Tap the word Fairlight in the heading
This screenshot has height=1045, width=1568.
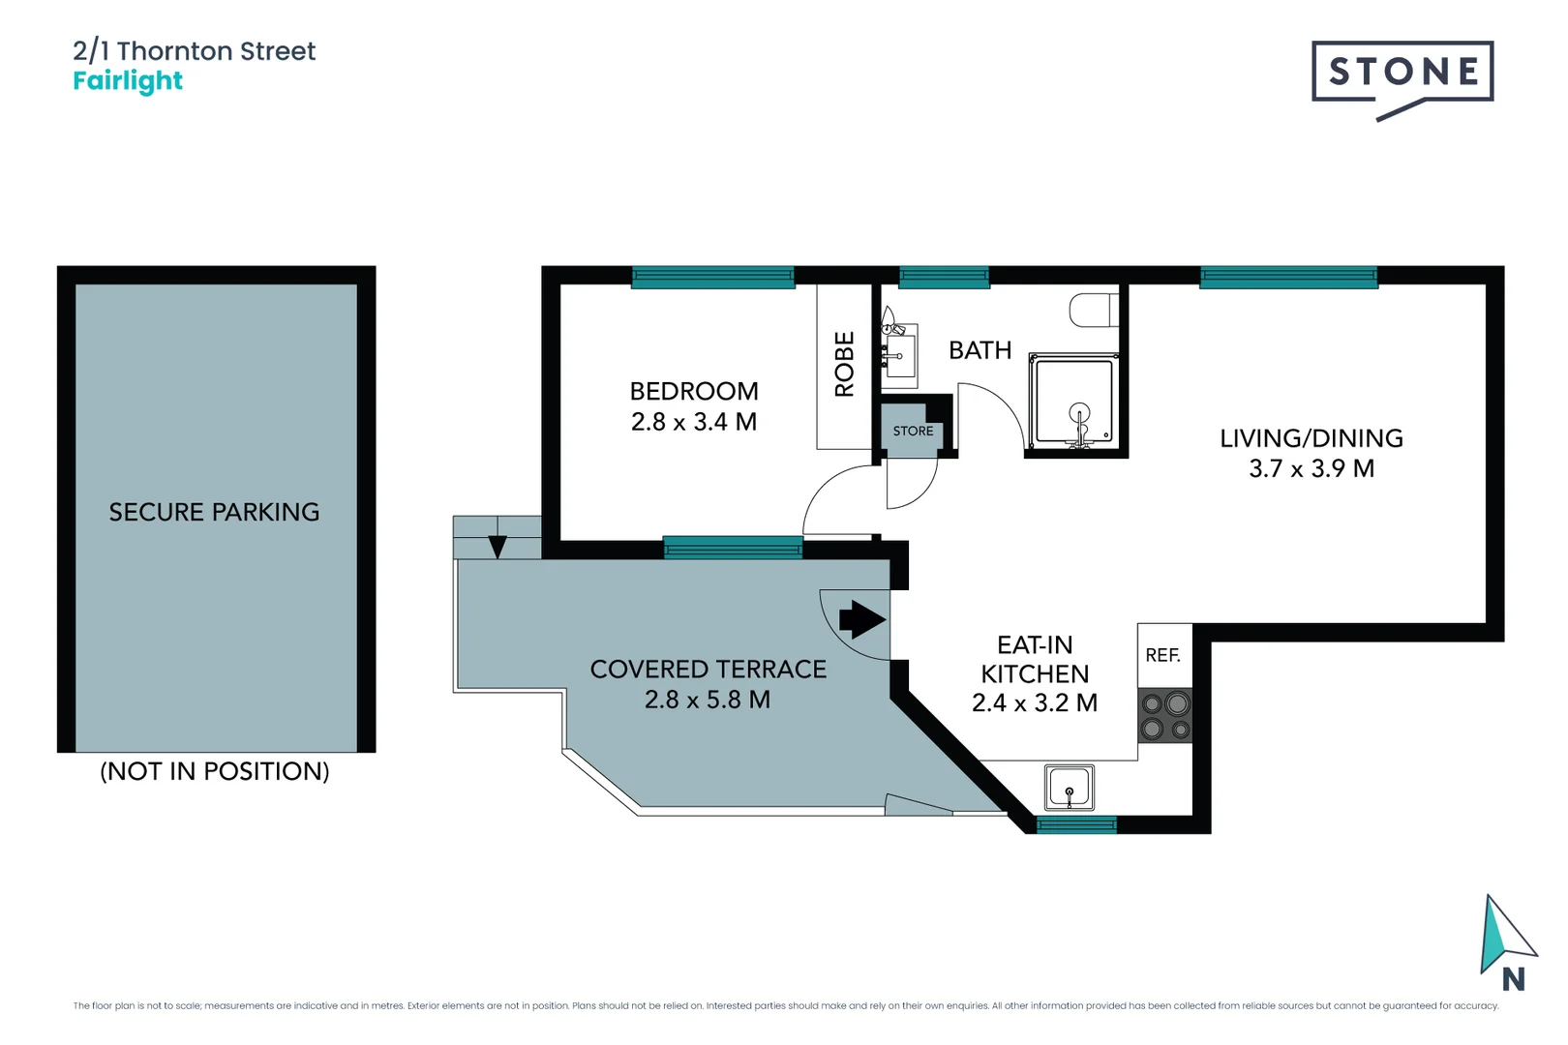(128, 81)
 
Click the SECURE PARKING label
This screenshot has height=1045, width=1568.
(214, 512)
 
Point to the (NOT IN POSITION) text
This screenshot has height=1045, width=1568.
(215, 771)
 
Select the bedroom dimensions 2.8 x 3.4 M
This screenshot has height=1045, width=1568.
(693, 422)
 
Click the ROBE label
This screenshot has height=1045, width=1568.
(844, 364)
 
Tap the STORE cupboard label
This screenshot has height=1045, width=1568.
(913, 432)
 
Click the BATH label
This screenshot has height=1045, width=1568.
(980, 350)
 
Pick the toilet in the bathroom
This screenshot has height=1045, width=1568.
(1093, 311)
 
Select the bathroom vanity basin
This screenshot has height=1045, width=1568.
(899, 356)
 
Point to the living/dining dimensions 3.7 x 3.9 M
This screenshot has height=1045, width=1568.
(1311, 468)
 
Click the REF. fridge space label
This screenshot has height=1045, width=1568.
(1162, 655)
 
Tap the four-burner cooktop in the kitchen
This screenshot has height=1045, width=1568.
(1165, 716)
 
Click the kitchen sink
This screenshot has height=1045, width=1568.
(1070, 788)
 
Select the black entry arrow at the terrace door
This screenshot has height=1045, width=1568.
(861, 619)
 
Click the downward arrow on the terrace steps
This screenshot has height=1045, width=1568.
(498, 546)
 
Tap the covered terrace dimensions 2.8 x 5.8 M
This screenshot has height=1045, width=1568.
(707, 700)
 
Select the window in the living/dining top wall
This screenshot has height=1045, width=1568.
(1287, 278)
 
